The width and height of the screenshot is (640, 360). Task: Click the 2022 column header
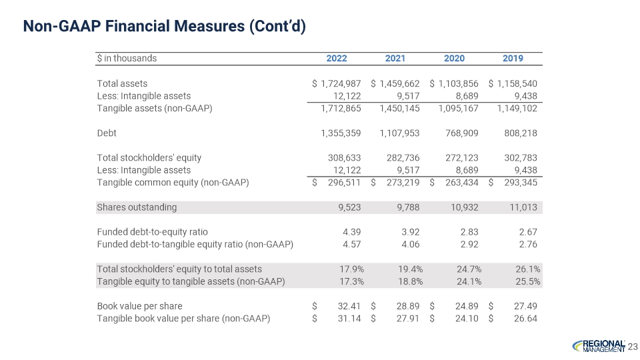pos(337,58)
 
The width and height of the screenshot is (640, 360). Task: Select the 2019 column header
pos(513,58)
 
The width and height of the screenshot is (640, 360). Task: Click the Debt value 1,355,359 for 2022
pos(341,133)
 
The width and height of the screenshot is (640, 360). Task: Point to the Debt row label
pos(107,133)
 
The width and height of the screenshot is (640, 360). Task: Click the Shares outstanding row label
pos(137,207)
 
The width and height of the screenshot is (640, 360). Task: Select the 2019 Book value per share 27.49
pos(523,306)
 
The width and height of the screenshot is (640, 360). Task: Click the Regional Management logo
pos(599,345)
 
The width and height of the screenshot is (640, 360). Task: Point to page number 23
pos(633,346)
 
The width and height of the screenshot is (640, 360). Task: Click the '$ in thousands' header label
pos(127,58)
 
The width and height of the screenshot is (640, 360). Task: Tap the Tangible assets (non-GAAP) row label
pos(155,108)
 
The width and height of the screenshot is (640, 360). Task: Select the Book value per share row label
pos(139,306)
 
